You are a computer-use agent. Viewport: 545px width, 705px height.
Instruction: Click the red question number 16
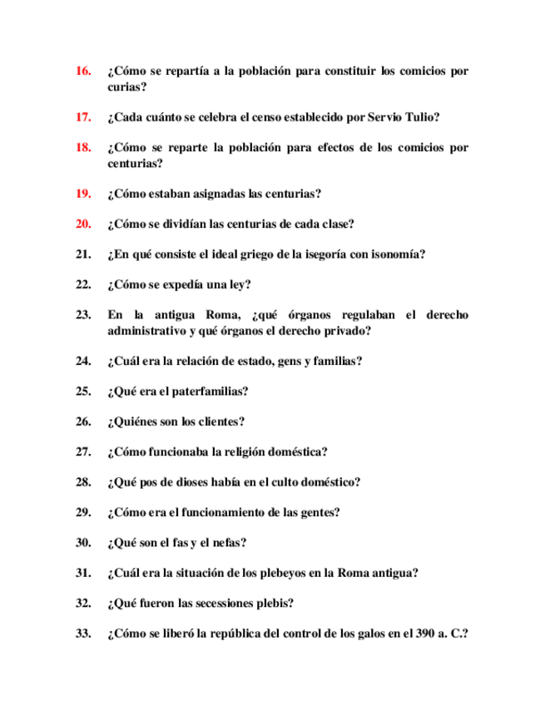point(82,71)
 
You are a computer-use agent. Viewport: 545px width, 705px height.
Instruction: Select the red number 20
point(82,224)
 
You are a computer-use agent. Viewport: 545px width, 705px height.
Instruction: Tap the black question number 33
point(82,634)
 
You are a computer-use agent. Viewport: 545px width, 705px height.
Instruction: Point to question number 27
point(82,451)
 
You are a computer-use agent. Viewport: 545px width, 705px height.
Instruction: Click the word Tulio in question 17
point(421,117)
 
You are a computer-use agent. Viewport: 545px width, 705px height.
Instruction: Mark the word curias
point(126,86)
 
